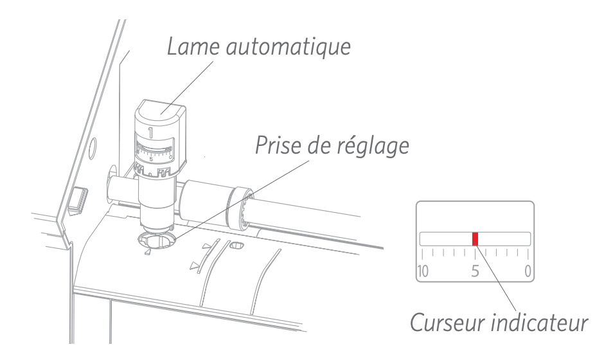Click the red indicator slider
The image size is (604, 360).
475,239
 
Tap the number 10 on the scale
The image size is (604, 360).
422,271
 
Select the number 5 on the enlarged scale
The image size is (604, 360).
475,271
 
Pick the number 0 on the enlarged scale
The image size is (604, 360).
528,271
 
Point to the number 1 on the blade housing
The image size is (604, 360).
150,134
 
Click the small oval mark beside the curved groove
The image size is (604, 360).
237,245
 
